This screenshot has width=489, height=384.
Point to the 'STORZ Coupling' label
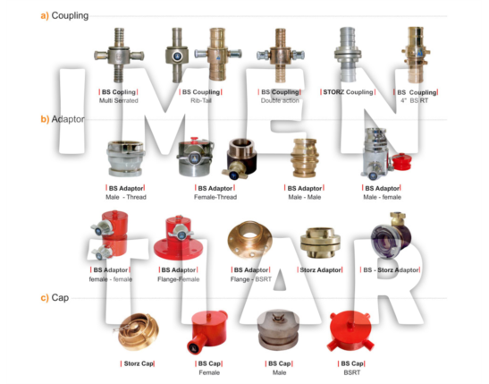click(348, 92)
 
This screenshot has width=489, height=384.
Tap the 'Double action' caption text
click(278, 102)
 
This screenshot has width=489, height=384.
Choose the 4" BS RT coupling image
click(416, 54)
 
